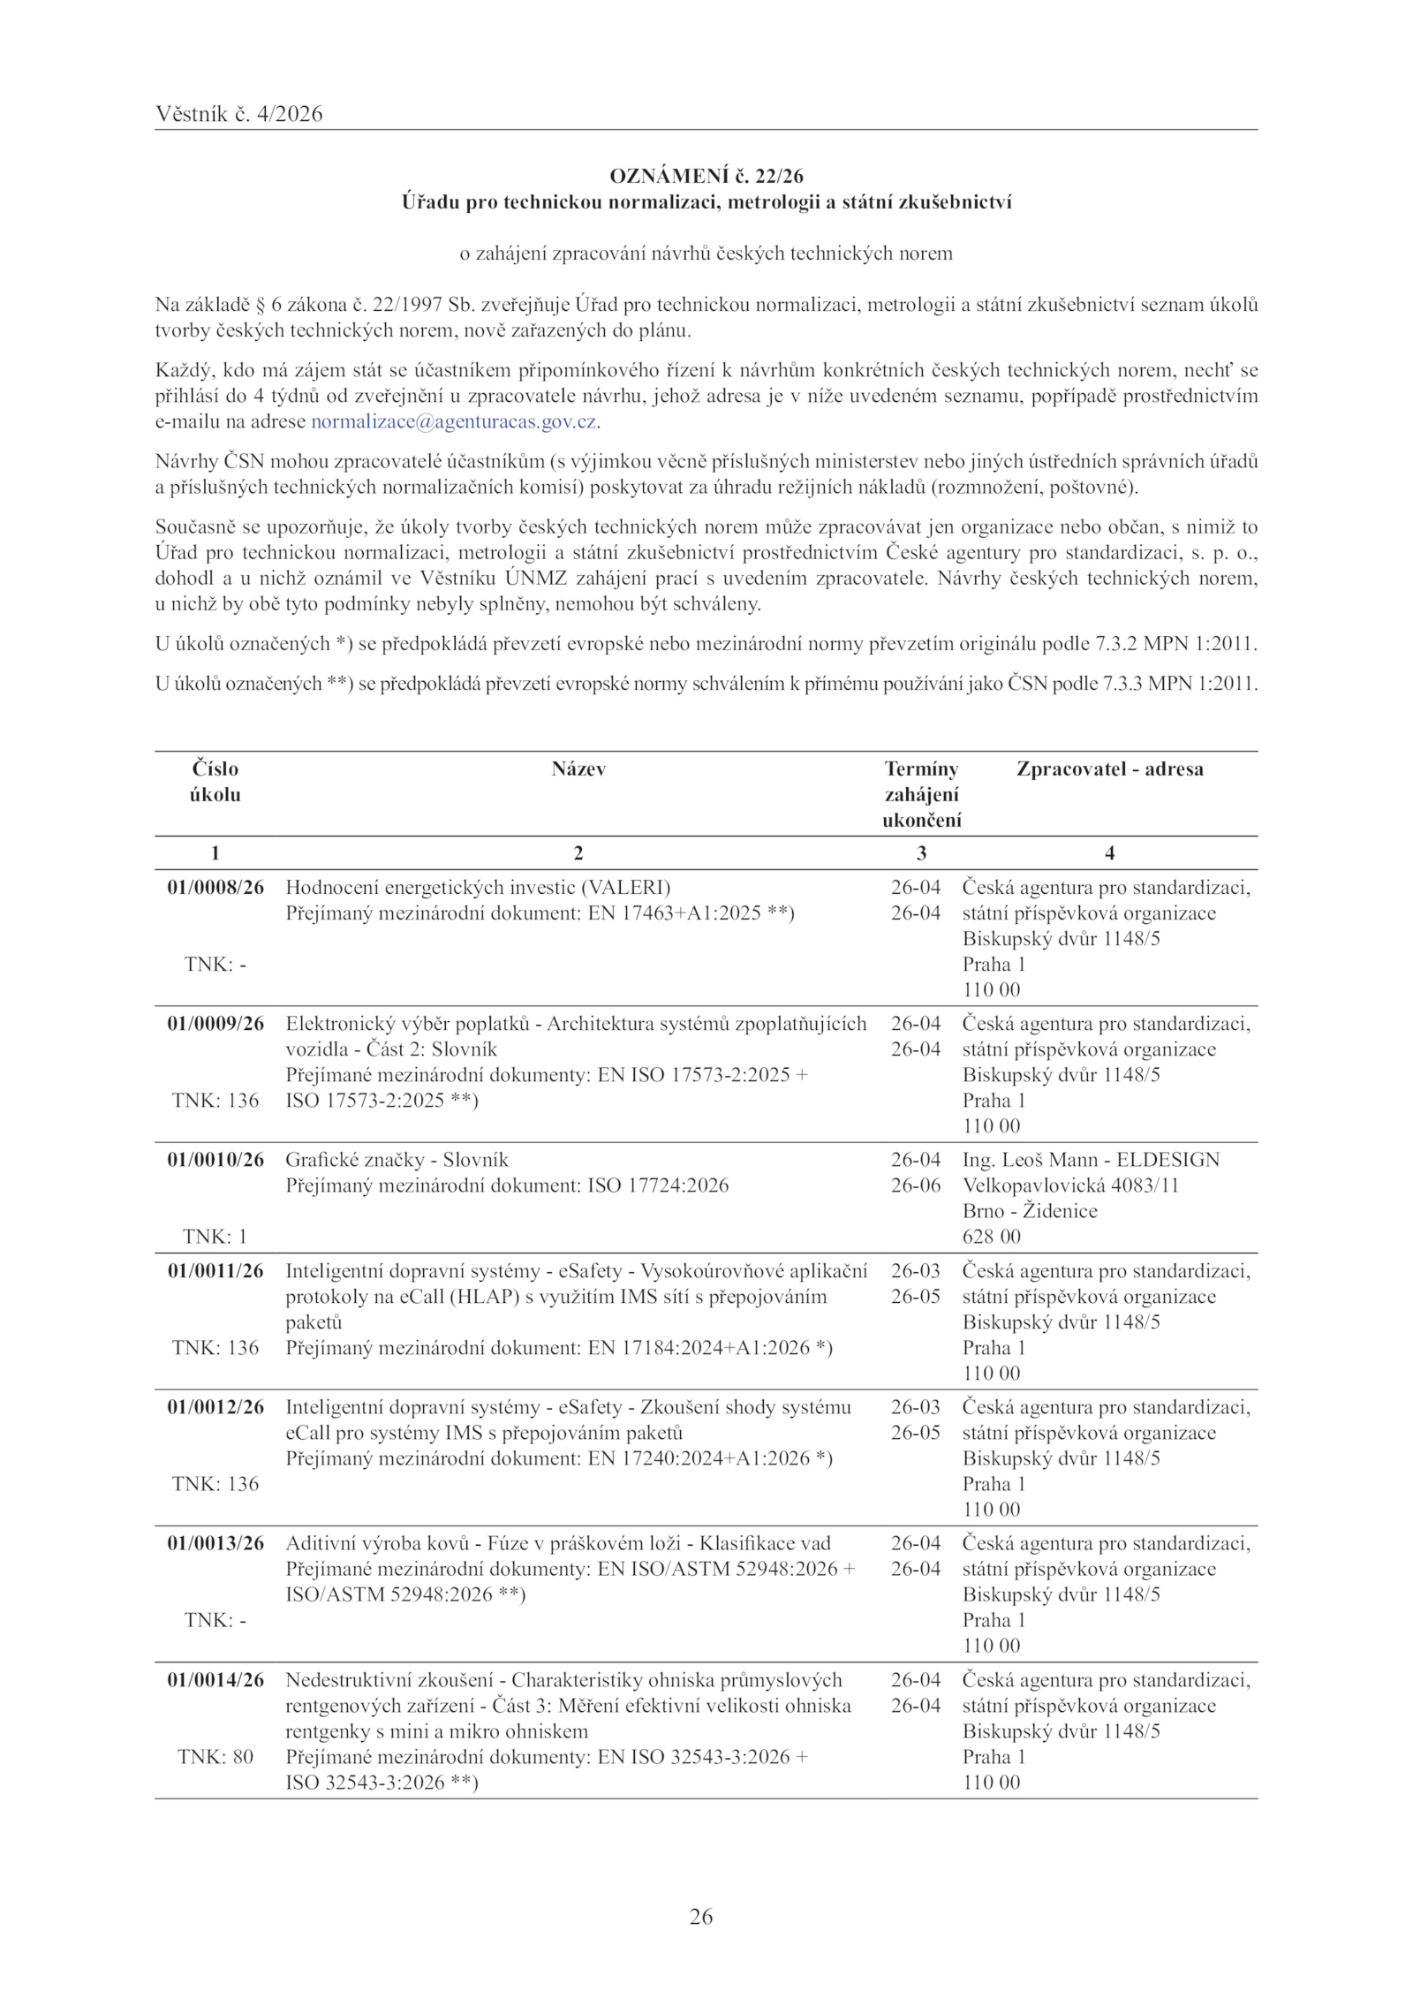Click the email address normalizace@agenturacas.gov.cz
453,421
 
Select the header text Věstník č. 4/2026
238,114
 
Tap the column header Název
578,769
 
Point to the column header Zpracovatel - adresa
1109,769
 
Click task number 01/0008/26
215,887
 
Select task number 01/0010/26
215,1160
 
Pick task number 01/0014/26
215,1680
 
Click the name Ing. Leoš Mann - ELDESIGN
1091,1160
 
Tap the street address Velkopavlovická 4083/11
1070,1185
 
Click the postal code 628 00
991,1237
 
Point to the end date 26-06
916,1185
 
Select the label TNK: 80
215,1757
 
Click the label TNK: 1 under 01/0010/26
215,1237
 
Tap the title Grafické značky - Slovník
397,1160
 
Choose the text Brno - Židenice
1030,1211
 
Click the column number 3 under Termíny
921,852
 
